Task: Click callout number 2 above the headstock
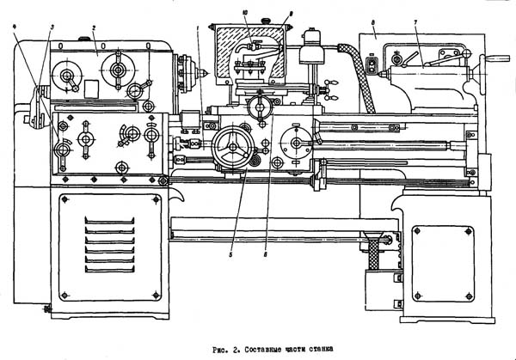coord(93,28)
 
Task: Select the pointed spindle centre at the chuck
coord(206,71)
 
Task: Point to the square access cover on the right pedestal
coord(442,247)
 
